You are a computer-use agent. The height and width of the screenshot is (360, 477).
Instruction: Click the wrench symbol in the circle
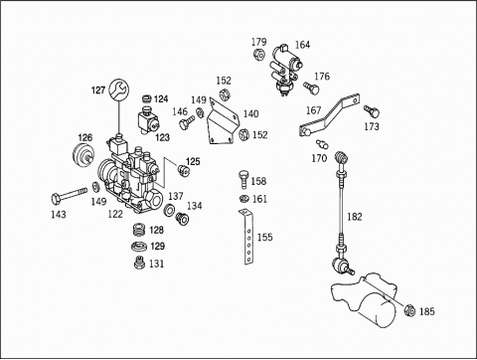118,90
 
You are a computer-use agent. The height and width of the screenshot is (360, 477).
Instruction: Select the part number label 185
427,311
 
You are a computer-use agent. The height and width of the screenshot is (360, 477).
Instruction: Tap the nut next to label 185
409,310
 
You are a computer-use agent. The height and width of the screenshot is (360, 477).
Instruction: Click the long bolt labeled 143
69,196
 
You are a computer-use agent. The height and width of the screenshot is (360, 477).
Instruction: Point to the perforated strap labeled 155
247,237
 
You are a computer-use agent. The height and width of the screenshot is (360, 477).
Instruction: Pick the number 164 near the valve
302,45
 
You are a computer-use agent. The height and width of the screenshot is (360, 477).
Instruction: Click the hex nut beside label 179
258,55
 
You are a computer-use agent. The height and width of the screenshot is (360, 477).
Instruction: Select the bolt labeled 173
372,111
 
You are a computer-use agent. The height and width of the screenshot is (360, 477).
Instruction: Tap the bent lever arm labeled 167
329,116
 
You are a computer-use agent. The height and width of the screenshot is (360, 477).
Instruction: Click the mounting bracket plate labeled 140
223,123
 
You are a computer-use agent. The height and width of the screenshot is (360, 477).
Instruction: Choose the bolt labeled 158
243,179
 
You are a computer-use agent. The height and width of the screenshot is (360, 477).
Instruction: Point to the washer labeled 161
244,199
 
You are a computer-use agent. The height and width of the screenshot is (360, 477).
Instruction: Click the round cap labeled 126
83,155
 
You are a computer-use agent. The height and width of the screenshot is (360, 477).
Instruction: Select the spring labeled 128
139,230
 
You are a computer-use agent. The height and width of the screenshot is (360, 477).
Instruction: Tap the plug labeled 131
139,264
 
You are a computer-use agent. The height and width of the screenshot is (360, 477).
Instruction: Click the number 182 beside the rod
355,217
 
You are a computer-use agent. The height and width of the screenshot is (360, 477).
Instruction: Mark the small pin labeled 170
322,144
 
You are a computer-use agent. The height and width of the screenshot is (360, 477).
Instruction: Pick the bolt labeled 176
311,88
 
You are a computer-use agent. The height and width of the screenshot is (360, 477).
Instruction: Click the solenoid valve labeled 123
148,121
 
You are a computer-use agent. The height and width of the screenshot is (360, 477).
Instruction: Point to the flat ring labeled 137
170,210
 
